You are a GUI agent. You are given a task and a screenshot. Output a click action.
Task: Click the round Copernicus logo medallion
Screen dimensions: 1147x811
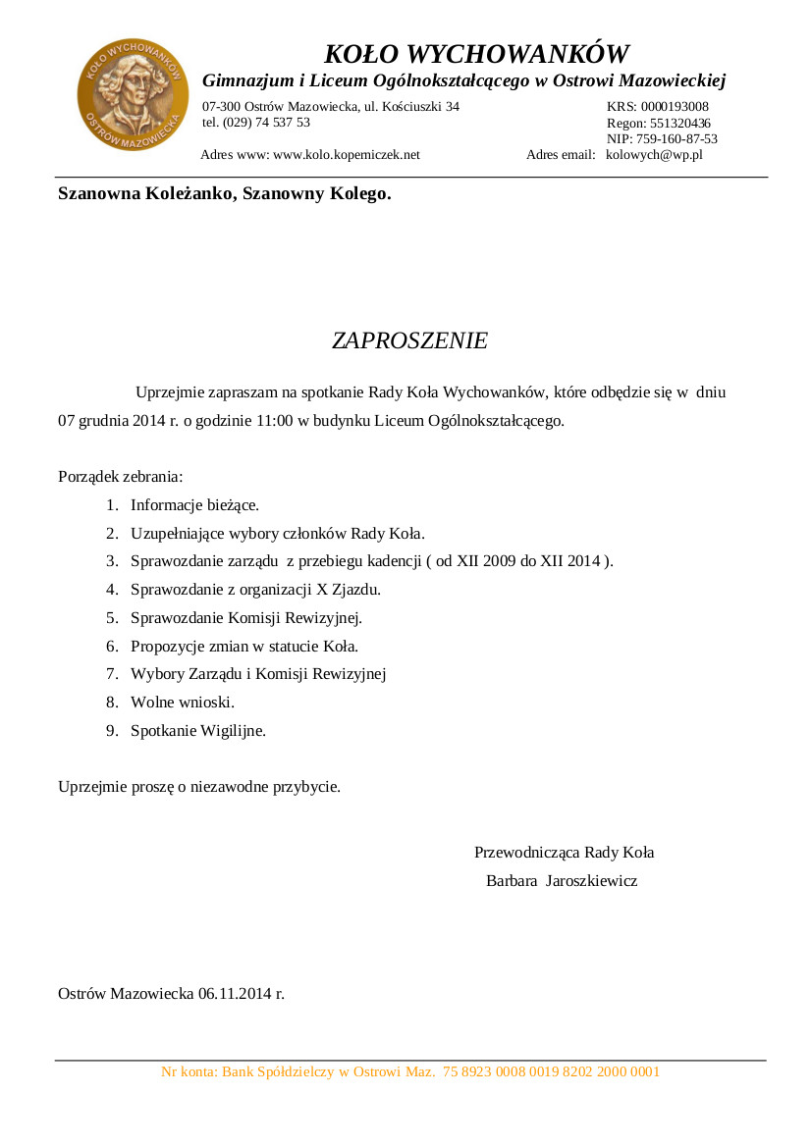point(133,95)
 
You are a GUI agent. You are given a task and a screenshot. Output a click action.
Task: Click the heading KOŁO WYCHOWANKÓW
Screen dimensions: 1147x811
point(476,53)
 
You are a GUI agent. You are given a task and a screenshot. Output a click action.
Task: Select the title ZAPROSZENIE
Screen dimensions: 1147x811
point(409,340)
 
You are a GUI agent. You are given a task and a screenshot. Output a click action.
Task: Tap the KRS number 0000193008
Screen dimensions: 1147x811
point(675,106)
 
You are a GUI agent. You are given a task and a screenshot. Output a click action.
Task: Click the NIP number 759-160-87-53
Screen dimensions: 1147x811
point(676,138)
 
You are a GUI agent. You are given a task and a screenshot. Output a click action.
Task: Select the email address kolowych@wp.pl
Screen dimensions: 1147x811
point(654,154)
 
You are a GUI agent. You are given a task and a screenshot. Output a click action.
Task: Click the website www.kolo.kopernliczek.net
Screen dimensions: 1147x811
point(347,154)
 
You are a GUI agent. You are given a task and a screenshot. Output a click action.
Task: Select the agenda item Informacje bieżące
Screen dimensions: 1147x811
point(194,505)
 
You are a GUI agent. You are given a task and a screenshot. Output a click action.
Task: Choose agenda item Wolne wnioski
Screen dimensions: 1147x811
point(183,703)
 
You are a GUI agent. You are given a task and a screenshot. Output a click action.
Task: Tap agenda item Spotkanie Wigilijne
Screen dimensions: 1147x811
point(198,731)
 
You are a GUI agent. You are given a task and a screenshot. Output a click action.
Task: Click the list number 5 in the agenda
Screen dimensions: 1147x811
point(112,618)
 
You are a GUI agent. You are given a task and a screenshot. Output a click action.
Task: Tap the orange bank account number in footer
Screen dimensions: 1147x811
point(552,1072)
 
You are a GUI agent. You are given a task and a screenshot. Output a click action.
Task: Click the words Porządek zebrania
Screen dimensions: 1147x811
point(121,478)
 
